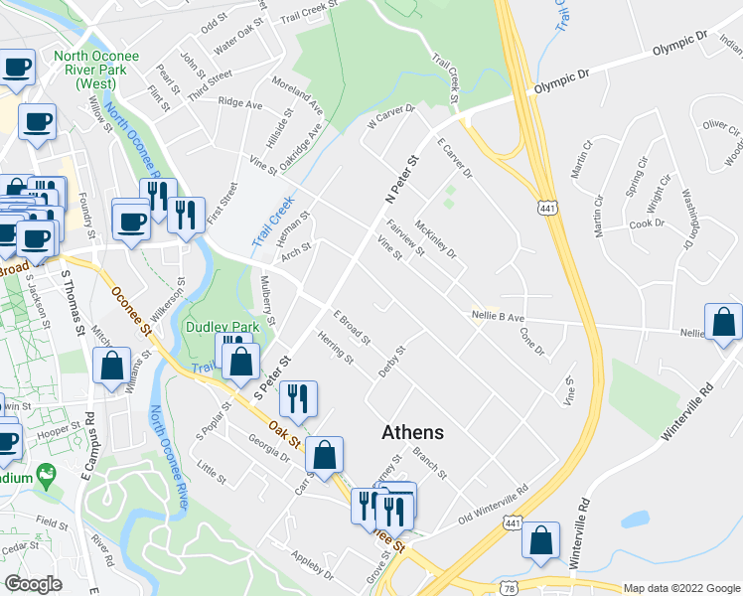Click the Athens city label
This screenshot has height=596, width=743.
tap(413, 433)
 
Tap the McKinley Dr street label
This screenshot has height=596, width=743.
tap(436, 238)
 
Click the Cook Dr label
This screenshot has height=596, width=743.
tap(647, 223)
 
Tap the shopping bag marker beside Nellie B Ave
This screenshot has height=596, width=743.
tap(724, 323)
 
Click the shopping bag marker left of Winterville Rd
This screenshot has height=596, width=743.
tap(541, 541)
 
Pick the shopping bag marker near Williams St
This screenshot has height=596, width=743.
tap(111, 365)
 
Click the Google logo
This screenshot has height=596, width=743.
tap(33, 584)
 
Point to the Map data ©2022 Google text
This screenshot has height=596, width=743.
tap(681, 588)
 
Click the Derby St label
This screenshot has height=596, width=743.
tap(393, 361)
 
